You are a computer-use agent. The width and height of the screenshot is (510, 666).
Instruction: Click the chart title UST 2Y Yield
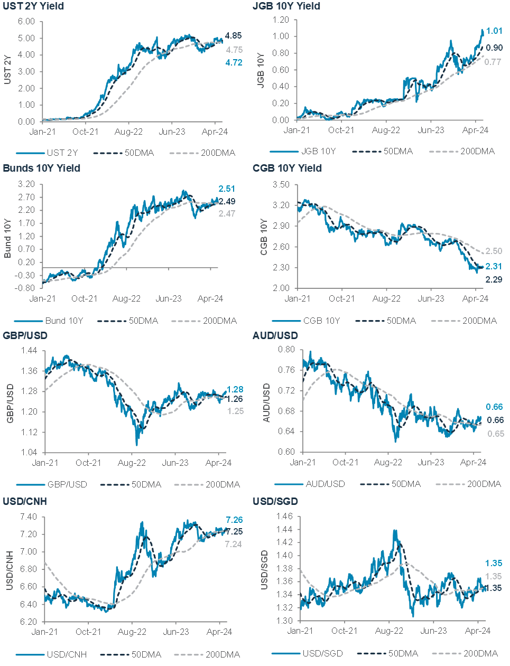pos(33,6)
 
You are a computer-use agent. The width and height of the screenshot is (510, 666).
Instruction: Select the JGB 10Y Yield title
pos(286,6)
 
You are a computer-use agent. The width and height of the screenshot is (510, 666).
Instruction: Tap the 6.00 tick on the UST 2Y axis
pos(26,22)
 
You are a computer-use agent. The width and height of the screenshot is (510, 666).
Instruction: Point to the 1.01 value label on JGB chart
pos(494,31)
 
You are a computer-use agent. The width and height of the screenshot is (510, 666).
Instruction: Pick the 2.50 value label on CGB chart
pos(494,251)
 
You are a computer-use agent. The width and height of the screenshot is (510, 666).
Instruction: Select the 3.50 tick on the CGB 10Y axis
pos(282,184)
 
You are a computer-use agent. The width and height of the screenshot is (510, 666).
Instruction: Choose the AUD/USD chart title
pos(275,336)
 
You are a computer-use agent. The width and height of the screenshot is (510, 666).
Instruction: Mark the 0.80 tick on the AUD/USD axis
pos(286,350)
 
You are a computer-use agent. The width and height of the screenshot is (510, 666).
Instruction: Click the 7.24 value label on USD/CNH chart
pos(234,544)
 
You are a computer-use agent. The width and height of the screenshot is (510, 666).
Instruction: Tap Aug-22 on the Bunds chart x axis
pos(126,298)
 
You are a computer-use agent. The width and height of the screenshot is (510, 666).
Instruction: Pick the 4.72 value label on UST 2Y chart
pos(234,62)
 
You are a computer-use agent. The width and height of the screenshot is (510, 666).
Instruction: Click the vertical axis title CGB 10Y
pos(264,238)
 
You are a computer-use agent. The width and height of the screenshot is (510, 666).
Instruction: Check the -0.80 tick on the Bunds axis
pos(26,288)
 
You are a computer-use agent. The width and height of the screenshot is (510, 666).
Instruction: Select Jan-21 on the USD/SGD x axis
pos(300,631)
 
